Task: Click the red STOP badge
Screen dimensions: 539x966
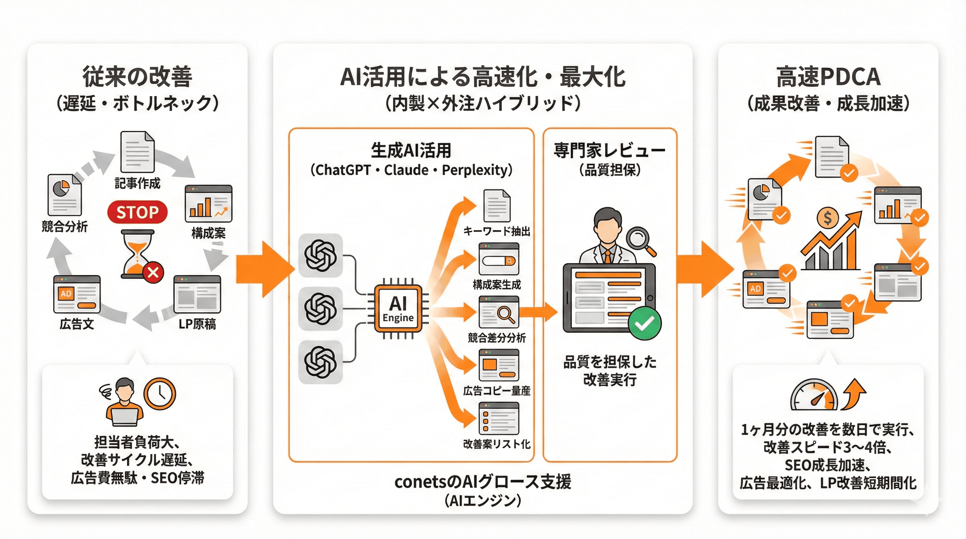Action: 137,212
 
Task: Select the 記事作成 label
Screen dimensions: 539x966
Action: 137,183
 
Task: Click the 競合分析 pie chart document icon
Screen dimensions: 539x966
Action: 64,194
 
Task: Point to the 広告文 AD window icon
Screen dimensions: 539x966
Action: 77,294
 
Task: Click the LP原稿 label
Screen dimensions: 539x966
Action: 197,324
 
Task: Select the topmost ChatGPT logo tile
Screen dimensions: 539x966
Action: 320,255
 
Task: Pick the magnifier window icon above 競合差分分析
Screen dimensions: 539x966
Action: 499,312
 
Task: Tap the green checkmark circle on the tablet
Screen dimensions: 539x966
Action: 644,323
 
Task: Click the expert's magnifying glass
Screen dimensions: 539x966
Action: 639,239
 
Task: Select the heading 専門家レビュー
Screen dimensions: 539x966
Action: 609,151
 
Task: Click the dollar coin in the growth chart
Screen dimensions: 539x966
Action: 827,218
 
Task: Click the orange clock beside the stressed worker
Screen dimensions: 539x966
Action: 160,394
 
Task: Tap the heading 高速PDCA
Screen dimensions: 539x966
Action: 828,77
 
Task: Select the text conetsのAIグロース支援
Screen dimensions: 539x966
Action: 483,482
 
